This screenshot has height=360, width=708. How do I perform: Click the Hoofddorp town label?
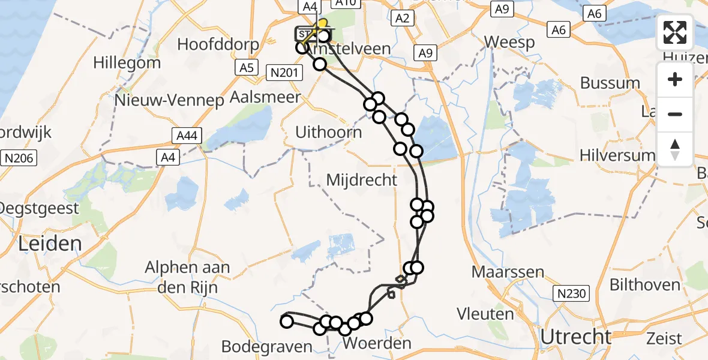[218, 45]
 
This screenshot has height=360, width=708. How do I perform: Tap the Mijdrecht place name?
[362, 179]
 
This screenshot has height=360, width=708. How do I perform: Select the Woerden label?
[377, 344]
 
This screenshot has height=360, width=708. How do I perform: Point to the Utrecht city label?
[575, 337]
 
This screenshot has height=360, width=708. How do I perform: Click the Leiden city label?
[50, 244]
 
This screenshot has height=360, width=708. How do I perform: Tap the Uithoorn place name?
[329, 133]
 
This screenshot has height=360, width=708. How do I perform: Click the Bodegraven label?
[268, 347]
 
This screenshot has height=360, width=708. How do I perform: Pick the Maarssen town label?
[508, 272]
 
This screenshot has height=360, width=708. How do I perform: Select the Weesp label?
[509, 43]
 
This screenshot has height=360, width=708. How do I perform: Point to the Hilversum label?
[617, 155]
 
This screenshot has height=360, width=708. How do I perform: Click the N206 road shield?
[19, 158]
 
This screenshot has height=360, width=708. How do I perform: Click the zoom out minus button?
[675, 114]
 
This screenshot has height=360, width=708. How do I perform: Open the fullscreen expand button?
[675, 32]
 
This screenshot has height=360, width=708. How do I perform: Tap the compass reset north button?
[675, 149]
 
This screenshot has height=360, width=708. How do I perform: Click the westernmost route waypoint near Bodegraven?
[287, 322]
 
